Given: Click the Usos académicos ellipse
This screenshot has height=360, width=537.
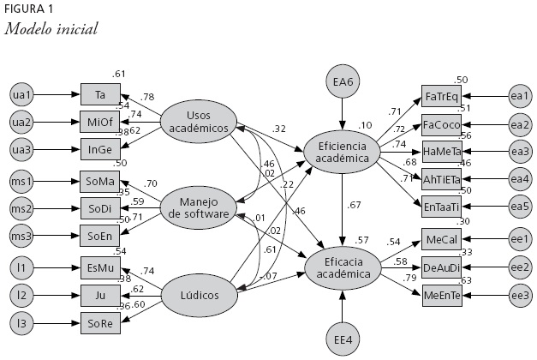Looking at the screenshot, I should click(x=199, y=121).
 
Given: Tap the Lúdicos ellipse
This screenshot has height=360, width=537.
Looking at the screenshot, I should click(x=199, y=296).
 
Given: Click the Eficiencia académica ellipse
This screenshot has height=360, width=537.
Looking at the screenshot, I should click(x=343, y=153).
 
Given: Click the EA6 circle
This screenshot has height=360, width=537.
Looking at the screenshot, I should click(x=343, y=82).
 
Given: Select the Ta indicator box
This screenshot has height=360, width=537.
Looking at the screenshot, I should click(x=100, y=93).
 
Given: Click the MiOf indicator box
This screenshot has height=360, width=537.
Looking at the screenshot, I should click(x=100, y=121).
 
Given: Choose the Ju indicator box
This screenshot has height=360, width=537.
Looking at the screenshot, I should click(x=100, y=295).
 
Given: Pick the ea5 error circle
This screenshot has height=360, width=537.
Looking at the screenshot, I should click(x=518, y=207).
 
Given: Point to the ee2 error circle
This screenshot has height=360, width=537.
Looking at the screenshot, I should click(x=518, y=266).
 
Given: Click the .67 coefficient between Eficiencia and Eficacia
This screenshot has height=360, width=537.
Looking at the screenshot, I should click(x=354, y=205).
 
